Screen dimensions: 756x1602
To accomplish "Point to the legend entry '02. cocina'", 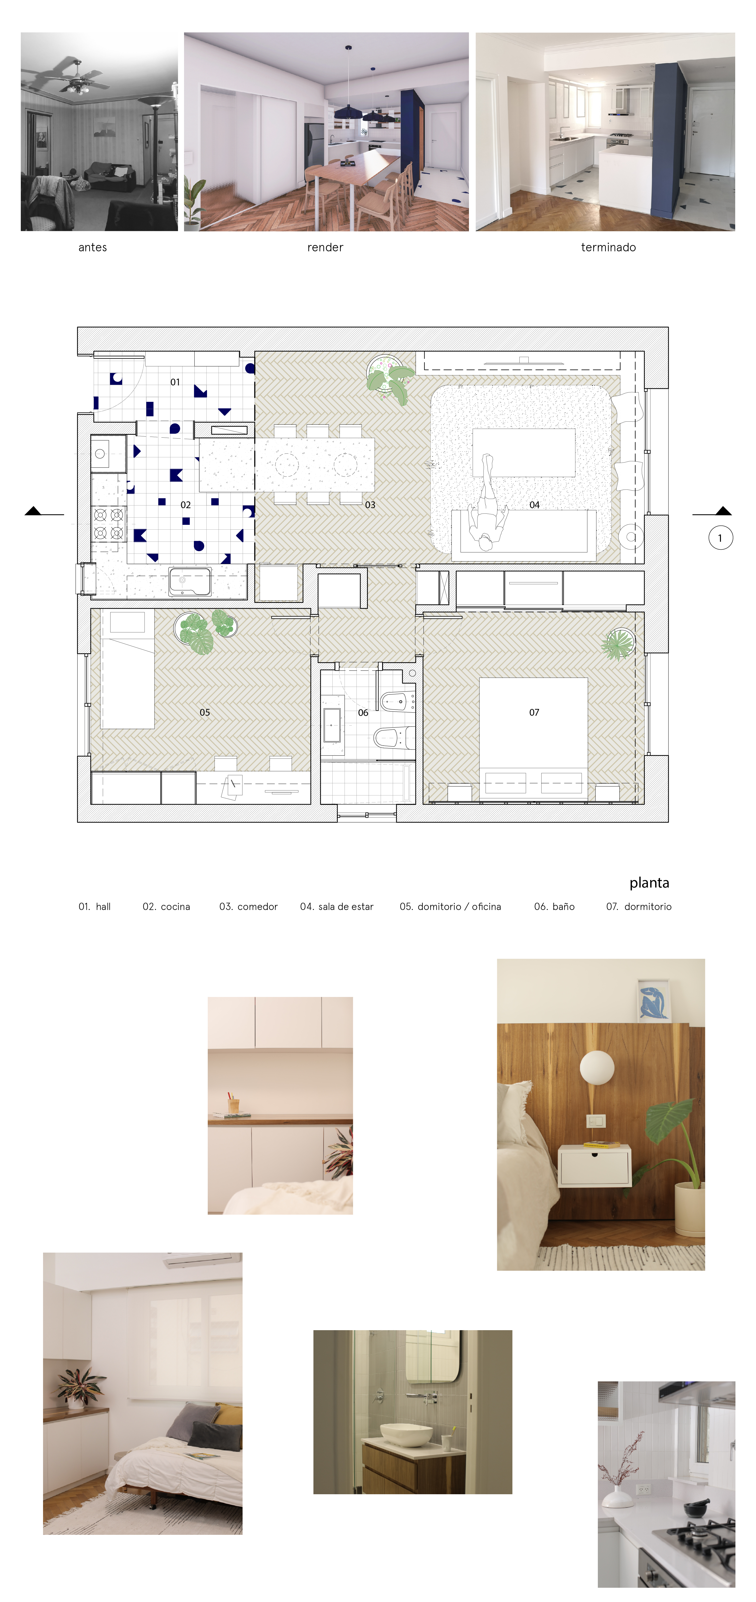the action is click(x=166, y=907).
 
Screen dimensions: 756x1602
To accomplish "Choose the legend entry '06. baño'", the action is click(x=554, y=907).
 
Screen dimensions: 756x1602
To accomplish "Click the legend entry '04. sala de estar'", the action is click(x=337, y=907).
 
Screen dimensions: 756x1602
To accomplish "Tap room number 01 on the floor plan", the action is click(x=175, y=382).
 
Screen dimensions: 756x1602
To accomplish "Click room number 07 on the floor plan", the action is click(x=534, y=712).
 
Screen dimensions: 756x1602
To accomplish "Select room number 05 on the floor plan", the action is click(x=205, y=712).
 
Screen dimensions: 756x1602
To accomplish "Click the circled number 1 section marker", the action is click(x=720, y=538).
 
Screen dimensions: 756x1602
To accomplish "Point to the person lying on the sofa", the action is click(x=487, y=504).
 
